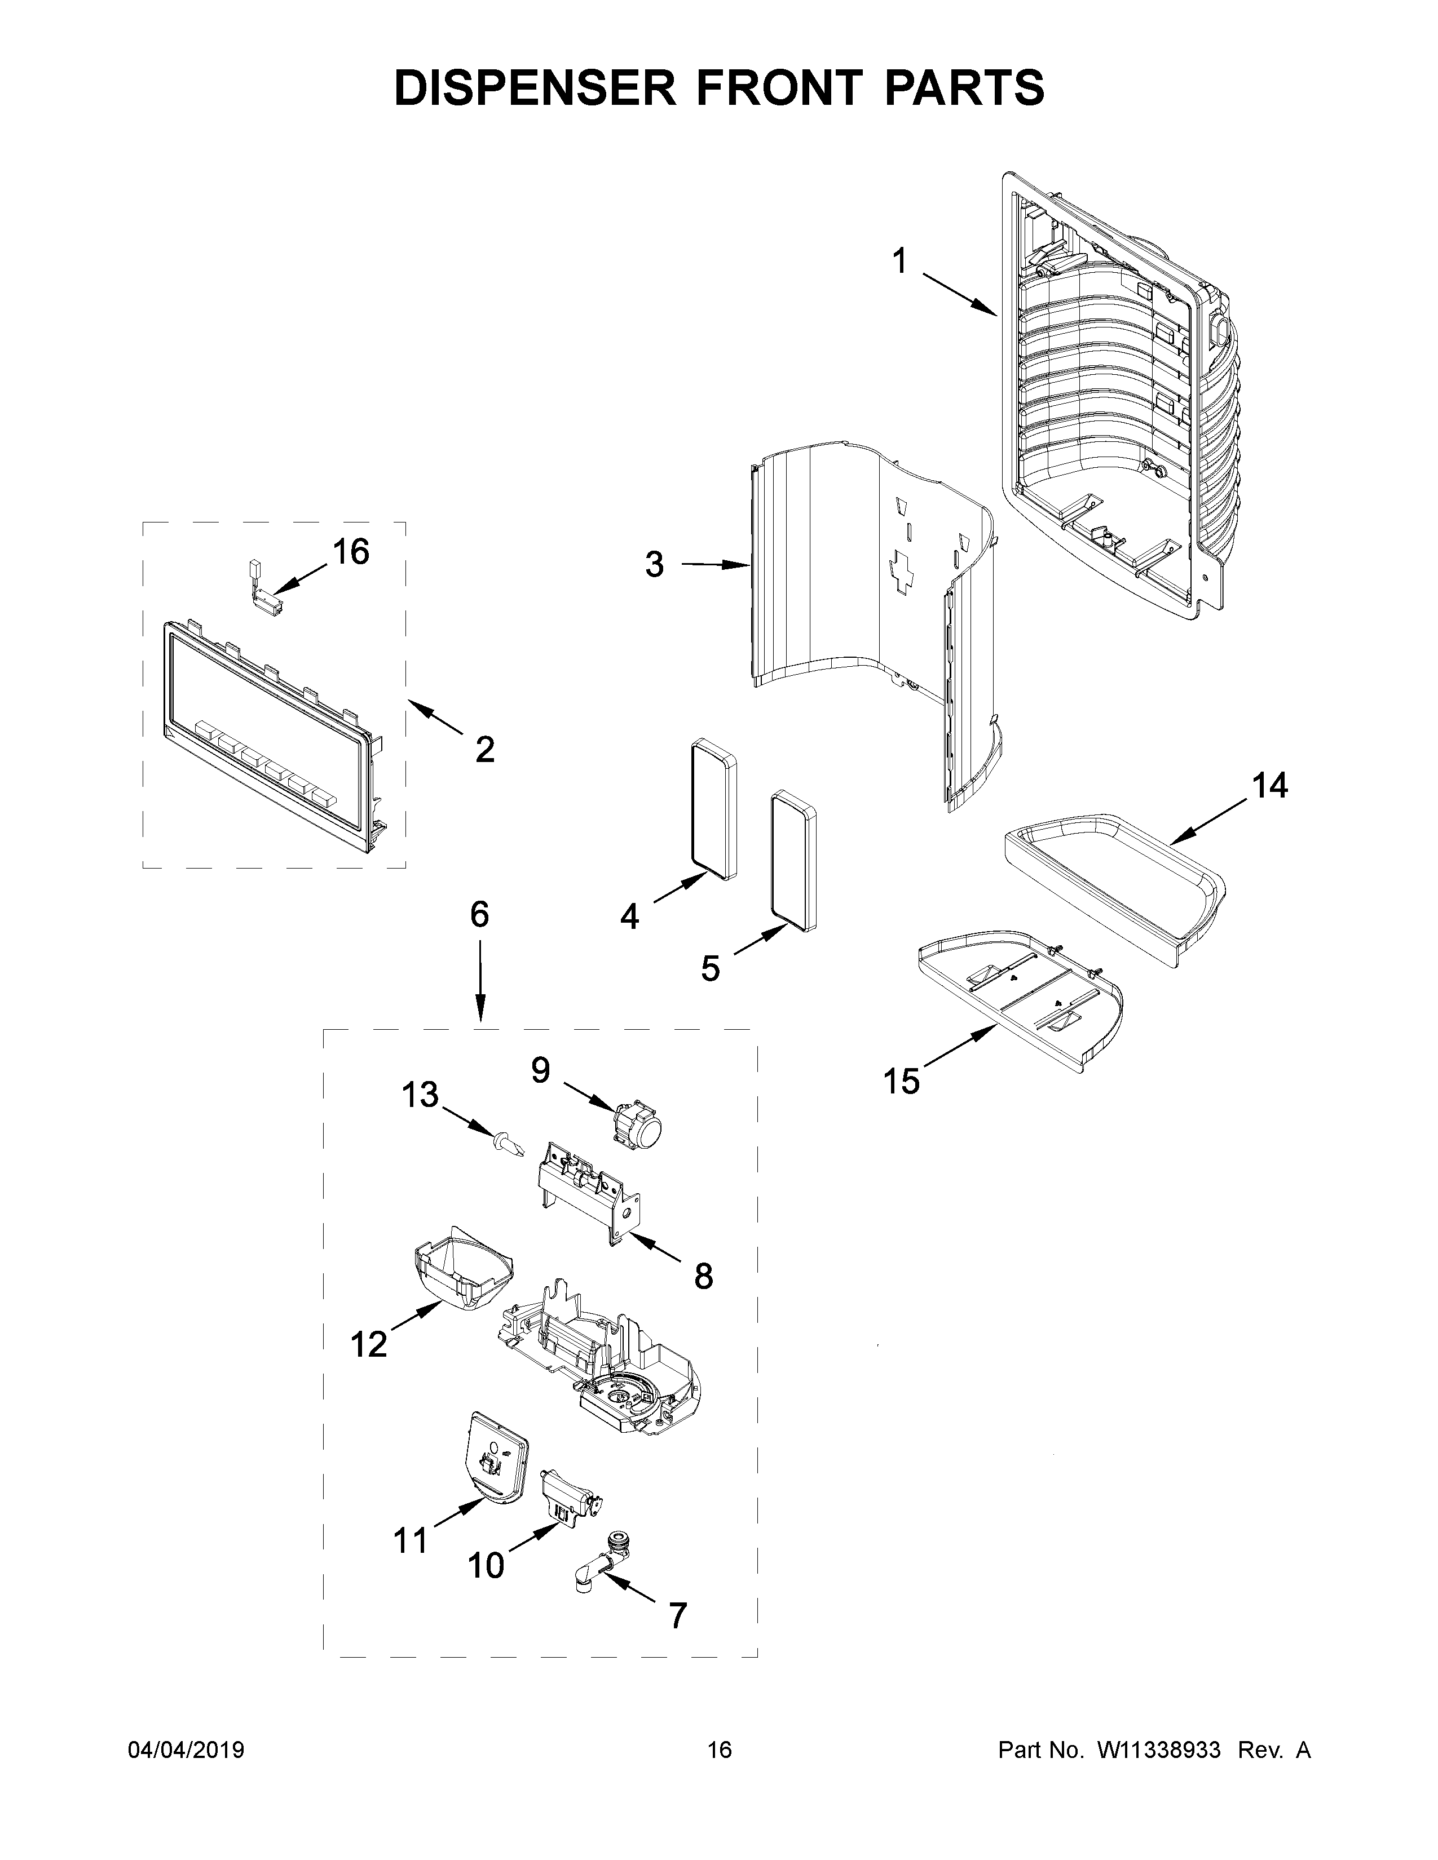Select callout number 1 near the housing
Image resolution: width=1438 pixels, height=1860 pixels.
899,262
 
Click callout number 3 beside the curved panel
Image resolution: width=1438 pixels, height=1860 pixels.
654,565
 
